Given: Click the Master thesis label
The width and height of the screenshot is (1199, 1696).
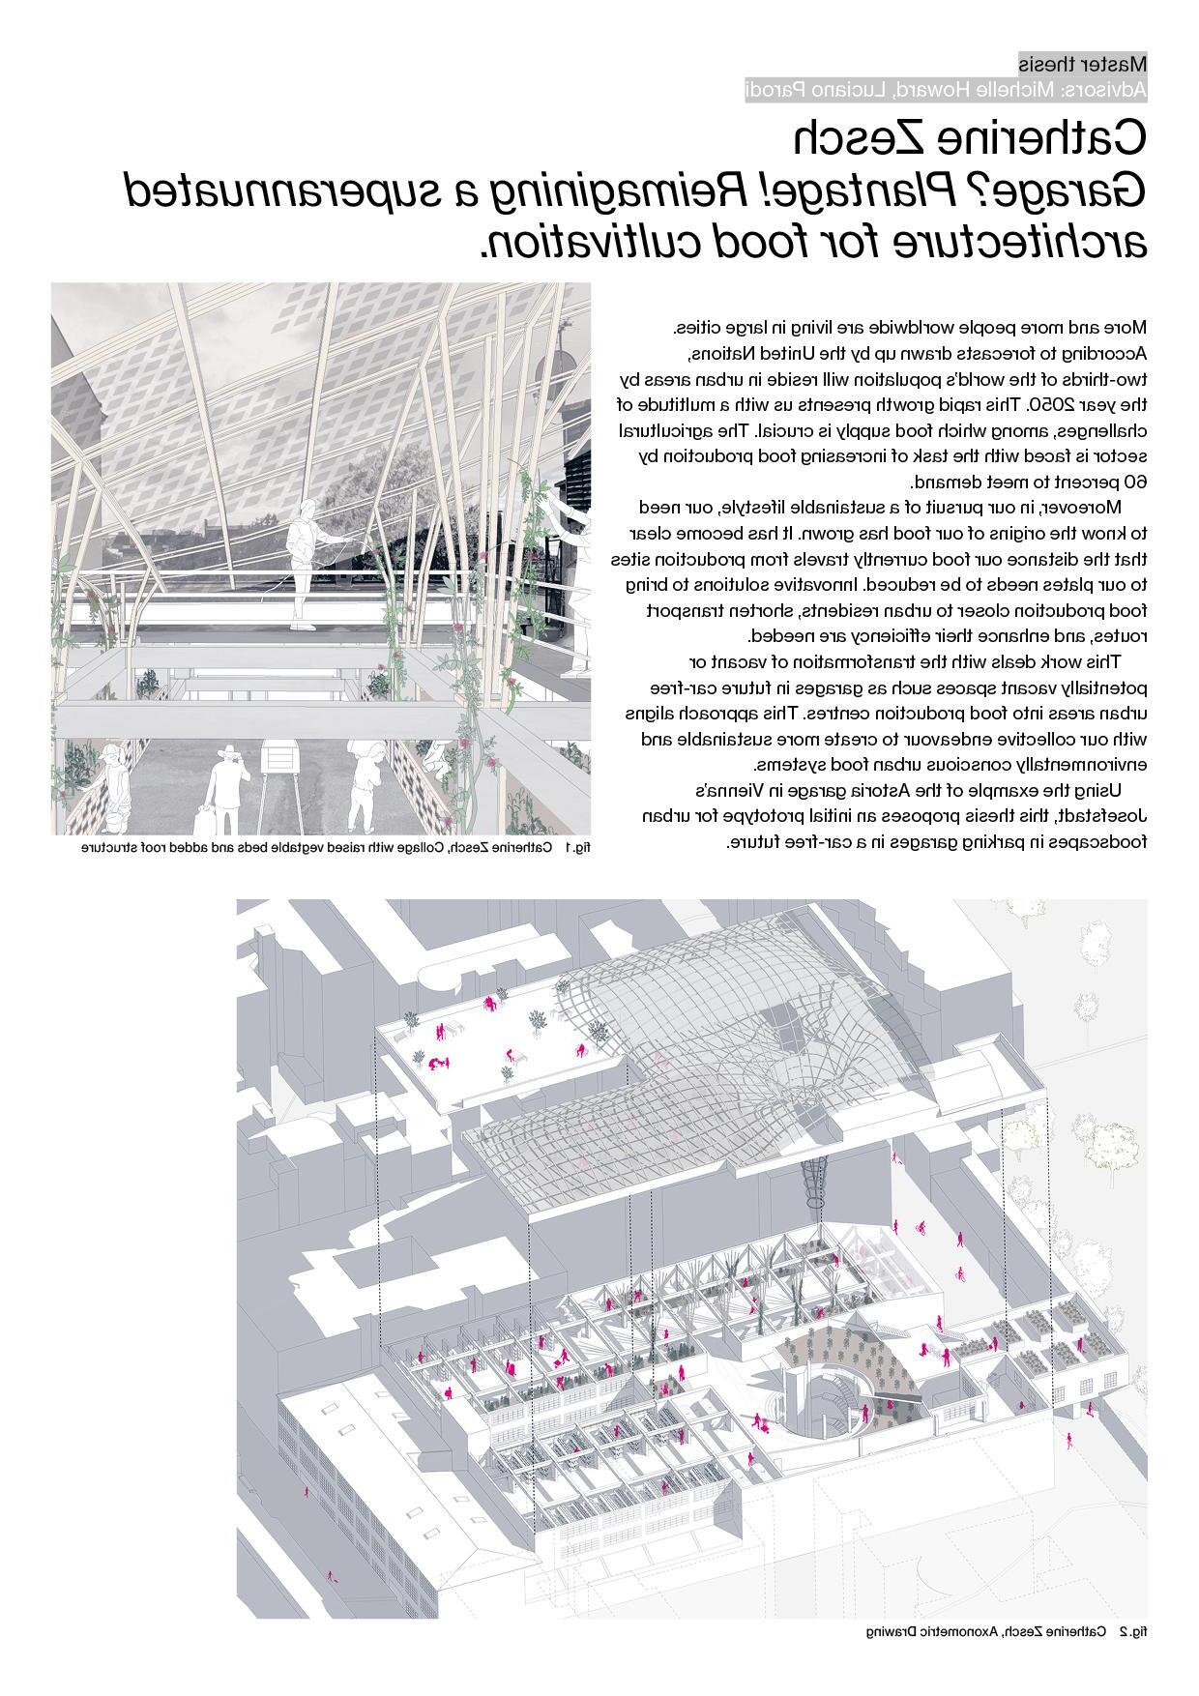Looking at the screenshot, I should [1083, 65].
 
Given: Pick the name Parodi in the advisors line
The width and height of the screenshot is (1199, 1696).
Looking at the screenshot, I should [782, 91].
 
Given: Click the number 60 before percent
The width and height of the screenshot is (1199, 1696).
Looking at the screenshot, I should [1135, 482].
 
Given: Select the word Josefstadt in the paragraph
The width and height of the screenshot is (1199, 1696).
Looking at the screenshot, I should [1101, 816].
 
